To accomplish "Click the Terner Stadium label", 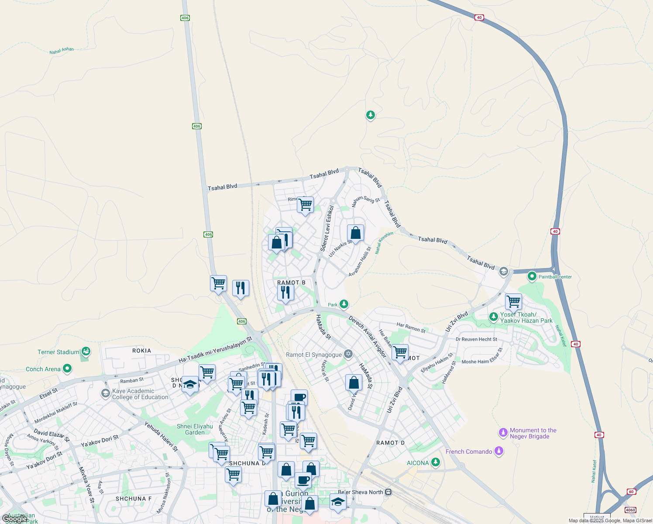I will pos(58,352).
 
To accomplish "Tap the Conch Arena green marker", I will pos(67,369).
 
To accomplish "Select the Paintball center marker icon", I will pos(532,276).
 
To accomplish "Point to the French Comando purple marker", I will pos(499,451).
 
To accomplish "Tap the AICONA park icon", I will pos(435,462).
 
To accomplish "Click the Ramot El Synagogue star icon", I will pos(348,354).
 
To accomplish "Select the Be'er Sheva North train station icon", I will pos(388,492).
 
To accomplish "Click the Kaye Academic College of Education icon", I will pos(105,393).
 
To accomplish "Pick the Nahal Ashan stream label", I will pos(62,50).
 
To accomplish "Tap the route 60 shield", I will pos(631,492).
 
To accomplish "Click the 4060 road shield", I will pos(630,510).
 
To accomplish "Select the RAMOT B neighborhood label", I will pos(291,283).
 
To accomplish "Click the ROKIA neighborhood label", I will pos(141,351).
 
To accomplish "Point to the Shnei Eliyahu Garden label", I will pos(195,429).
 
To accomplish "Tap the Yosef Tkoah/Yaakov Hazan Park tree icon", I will pos(494,317).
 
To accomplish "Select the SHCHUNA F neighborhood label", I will pos(134,499).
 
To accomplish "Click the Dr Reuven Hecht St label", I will pos(476,339).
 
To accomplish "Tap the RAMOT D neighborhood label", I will pos(390,443).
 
